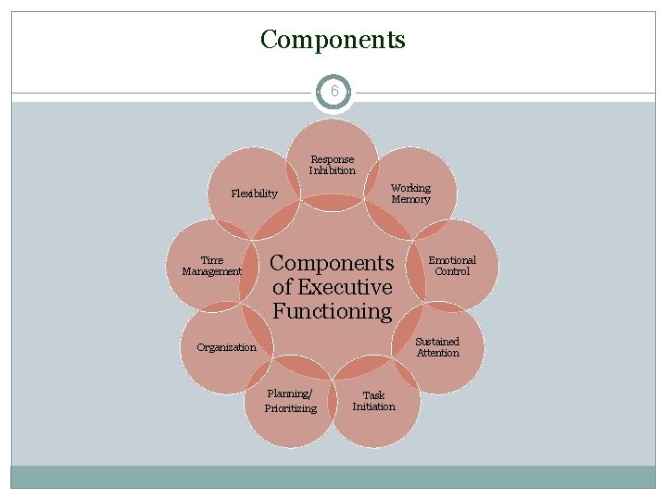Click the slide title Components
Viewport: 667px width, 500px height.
(x=333, y=40)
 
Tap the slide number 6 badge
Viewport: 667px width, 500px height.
(x=333, y=93)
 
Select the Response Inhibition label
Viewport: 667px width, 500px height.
(x=332, y=165)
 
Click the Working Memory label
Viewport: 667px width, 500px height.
(x=410, y=194)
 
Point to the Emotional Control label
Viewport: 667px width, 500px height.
(x=452, y=266)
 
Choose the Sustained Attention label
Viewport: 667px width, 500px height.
(x=437, y=347)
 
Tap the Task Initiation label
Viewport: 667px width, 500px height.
(x=373, y=401)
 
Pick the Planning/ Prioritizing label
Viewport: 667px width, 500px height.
(x=290, y=401)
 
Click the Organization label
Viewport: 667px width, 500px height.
(x=226, y=347)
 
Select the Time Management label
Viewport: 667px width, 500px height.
(x=211, y=266)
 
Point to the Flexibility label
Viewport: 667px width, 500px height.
(x=254, y=194)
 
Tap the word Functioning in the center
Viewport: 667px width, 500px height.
(x=333, y=311)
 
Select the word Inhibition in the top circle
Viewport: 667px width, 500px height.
(x=332, y=170)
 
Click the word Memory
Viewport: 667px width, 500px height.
(x=410, y=199)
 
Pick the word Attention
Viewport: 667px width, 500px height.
(x=437, y=353)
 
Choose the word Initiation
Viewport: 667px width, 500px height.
(x=373, y=406)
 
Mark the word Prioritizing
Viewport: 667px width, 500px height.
(x=290, y=408)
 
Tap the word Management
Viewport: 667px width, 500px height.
(x=211, y=271)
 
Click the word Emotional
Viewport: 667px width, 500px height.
(x=452, y=260)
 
